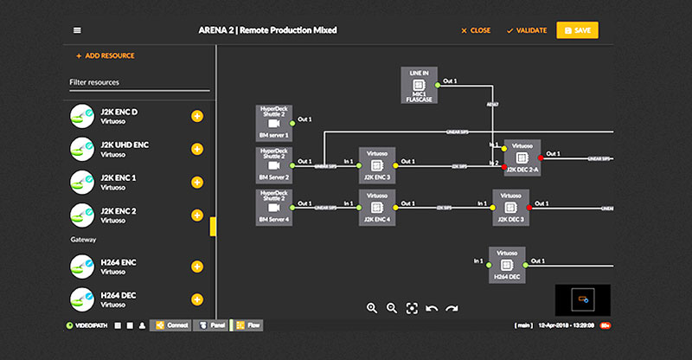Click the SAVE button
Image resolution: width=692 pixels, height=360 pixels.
point(577,30)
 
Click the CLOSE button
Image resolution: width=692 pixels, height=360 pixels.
point(476,30)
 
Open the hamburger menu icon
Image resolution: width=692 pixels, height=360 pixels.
point(77,30)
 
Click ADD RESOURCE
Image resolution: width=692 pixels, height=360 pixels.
point(105,55)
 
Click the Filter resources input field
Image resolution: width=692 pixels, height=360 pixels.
point(138,82)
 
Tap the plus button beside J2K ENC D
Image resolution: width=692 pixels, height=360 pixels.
point(196,117)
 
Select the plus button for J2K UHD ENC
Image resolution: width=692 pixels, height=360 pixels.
point(196,149)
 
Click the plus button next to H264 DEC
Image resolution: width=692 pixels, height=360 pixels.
point(196,299)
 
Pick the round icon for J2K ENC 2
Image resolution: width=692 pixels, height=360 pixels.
point(81,214)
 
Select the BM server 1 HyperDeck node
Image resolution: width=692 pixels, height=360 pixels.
point(274,122)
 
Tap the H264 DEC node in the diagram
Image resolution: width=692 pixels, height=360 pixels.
point(506,263)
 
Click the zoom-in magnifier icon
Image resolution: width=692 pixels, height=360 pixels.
point(372,307)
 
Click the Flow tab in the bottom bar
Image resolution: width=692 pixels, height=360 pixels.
point(249,325)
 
